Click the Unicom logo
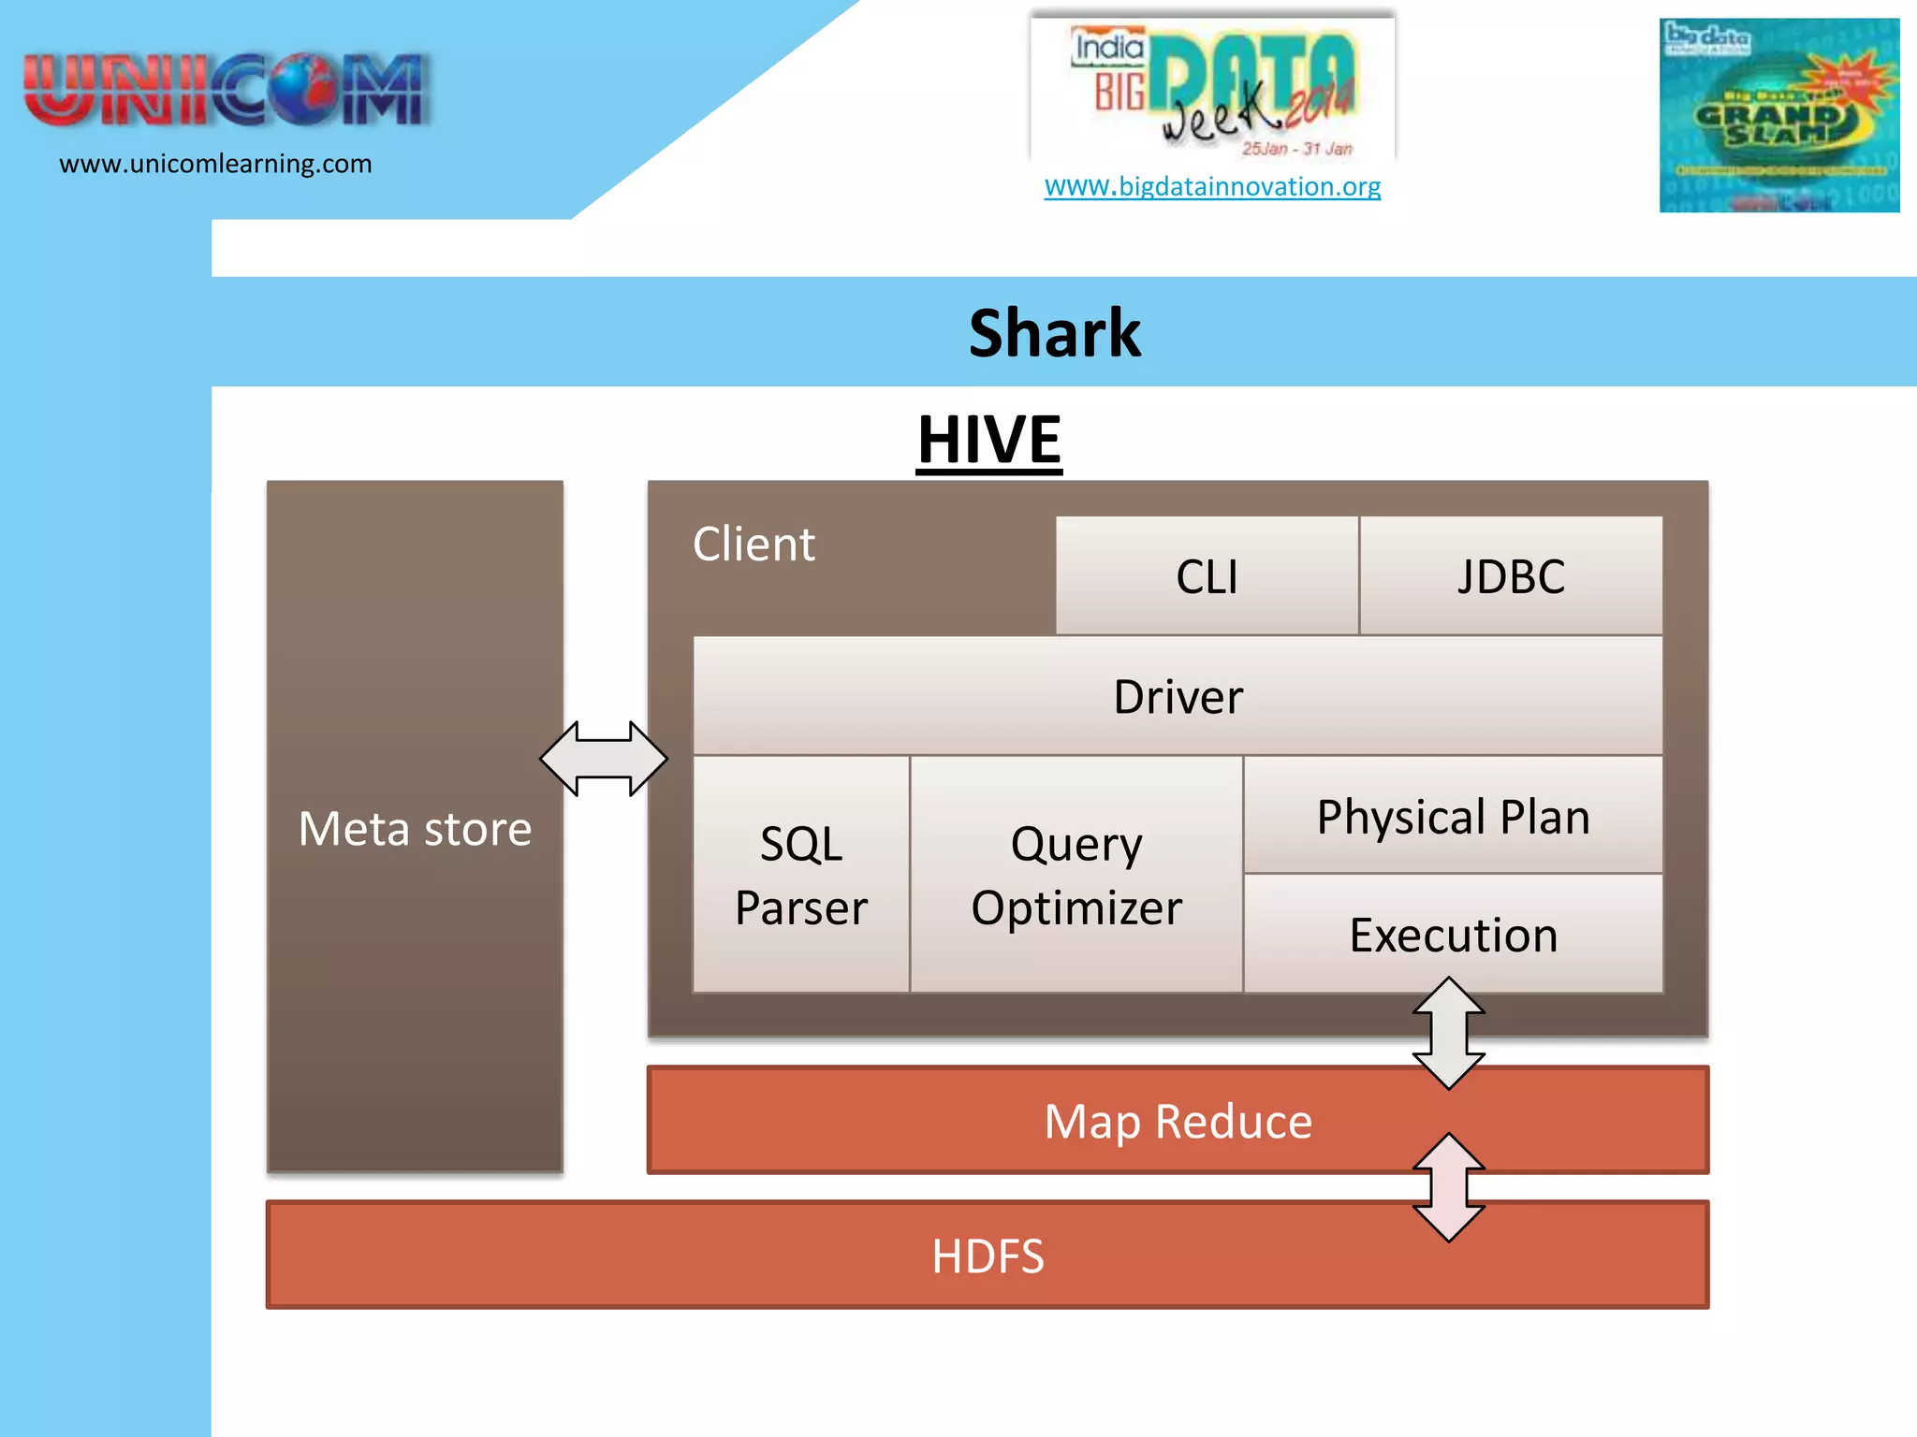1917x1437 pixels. (x=226, y=90)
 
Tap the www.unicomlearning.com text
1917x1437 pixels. (x=215, y=164)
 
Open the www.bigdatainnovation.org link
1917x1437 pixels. (x=1212, y=186)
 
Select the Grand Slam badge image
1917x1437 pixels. (x=1778, y=115)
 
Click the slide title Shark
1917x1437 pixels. (x=1054, y=333)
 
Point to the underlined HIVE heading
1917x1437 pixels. (x=988, y=440)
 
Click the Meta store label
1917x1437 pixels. (x=415, y=829)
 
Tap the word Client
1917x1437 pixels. (x=754, y=544)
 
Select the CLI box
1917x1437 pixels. (x=1207, y=576)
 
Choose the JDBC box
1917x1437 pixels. (x=1511, y=576)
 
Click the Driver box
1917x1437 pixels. (x=1178, y=697)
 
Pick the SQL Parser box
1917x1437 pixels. (x=801, y=876)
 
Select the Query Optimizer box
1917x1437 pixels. (x=1076, y=876)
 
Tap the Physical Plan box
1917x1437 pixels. (x=1453, y=817)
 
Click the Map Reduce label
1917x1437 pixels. (x=1178, y=1121)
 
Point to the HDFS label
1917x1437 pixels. (x=988, y=1256)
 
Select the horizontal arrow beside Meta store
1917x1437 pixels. (x=604, y=759)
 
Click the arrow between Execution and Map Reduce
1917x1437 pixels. (x=1449, y=1033)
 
